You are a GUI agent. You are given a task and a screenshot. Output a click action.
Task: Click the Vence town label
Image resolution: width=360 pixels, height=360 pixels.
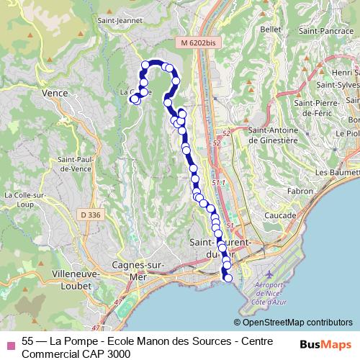point(54,94)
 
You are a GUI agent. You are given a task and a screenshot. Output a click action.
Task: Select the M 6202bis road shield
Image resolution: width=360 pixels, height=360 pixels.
point(198,43)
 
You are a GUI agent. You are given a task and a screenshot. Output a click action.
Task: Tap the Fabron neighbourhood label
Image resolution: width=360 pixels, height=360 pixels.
point(300,192)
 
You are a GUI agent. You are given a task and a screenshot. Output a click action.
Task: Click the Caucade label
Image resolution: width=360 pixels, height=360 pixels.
point(279,215)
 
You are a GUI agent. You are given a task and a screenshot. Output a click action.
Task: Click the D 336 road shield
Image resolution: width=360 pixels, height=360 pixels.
point(91,215)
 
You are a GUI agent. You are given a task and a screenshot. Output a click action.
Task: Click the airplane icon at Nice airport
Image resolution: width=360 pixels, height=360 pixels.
point(269,276)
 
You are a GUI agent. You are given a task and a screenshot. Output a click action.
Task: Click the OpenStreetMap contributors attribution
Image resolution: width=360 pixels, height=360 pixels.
point(293,323)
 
